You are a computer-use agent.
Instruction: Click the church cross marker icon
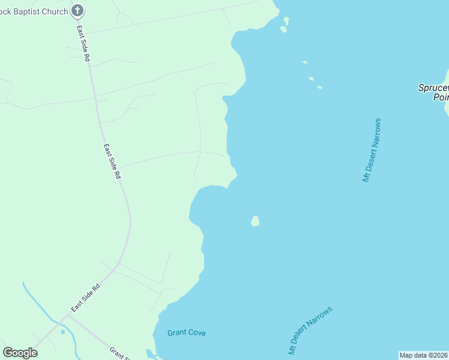pos(77,10)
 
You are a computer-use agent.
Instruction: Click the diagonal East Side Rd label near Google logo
pos(85,297)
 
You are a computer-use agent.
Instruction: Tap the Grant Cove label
pos(186,332)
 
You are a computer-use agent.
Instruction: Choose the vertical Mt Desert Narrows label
pos(372,150)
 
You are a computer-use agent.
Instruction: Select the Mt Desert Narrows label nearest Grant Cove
pos(310,331)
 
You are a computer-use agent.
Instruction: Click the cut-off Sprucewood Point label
pos(433,92)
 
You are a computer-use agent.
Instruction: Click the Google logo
pos(20,353)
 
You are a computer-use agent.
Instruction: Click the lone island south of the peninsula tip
pos(255,221)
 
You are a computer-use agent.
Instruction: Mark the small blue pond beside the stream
pos(62,331)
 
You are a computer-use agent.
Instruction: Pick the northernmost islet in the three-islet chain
pos(304,62)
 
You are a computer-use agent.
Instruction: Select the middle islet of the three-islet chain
pos(311,78)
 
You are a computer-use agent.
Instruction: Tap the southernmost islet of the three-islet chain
pos(319,88)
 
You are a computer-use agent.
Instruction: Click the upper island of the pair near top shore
pos(286,20)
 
